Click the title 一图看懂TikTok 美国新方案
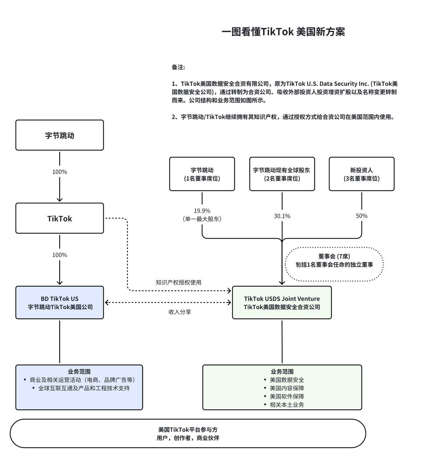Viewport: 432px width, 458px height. coord(283,32)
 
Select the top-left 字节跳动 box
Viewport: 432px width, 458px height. coord(60,135)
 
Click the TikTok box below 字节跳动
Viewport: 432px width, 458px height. coord(60,218)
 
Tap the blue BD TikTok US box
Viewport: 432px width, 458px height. coord(60,303)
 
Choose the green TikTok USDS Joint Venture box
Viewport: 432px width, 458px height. coord(282,303)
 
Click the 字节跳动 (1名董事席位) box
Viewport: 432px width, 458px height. coord(202,174)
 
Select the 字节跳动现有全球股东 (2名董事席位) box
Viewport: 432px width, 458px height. coord(282,174)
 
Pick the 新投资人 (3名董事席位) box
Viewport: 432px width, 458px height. coord(362,174)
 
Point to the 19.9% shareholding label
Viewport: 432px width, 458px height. coord(202,211)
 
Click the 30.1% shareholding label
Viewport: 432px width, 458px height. coord(282,216)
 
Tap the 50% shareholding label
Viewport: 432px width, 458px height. coord(362,216)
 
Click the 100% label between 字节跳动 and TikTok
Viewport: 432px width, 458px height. coord(60,172)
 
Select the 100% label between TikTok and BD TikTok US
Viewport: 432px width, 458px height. coord(60,255)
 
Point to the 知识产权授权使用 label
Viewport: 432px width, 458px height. coord(178,282)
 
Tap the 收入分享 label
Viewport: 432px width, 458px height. coord(180,312)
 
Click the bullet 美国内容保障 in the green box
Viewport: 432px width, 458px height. coord(287,388)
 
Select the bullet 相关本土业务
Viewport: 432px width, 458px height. coord(287,405)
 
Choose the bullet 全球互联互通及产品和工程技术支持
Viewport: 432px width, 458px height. coord(84,388)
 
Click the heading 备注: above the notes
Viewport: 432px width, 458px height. coord(178,67)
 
